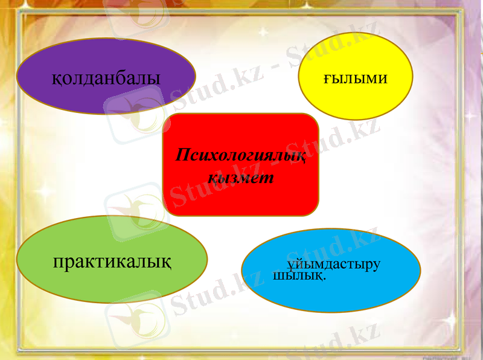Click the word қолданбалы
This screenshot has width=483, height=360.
(x=106, y=79)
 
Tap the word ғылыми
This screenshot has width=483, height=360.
(x=355, y=79)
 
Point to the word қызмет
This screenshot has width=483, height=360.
(x=240, y=178)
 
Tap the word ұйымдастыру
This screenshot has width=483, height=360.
(x=334, y=265)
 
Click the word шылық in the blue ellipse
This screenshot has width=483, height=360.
(x=298, y=276)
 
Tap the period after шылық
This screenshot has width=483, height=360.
(x=325, y=278)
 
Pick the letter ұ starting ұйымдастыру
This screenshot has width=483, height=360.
(x=291, y=266)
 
